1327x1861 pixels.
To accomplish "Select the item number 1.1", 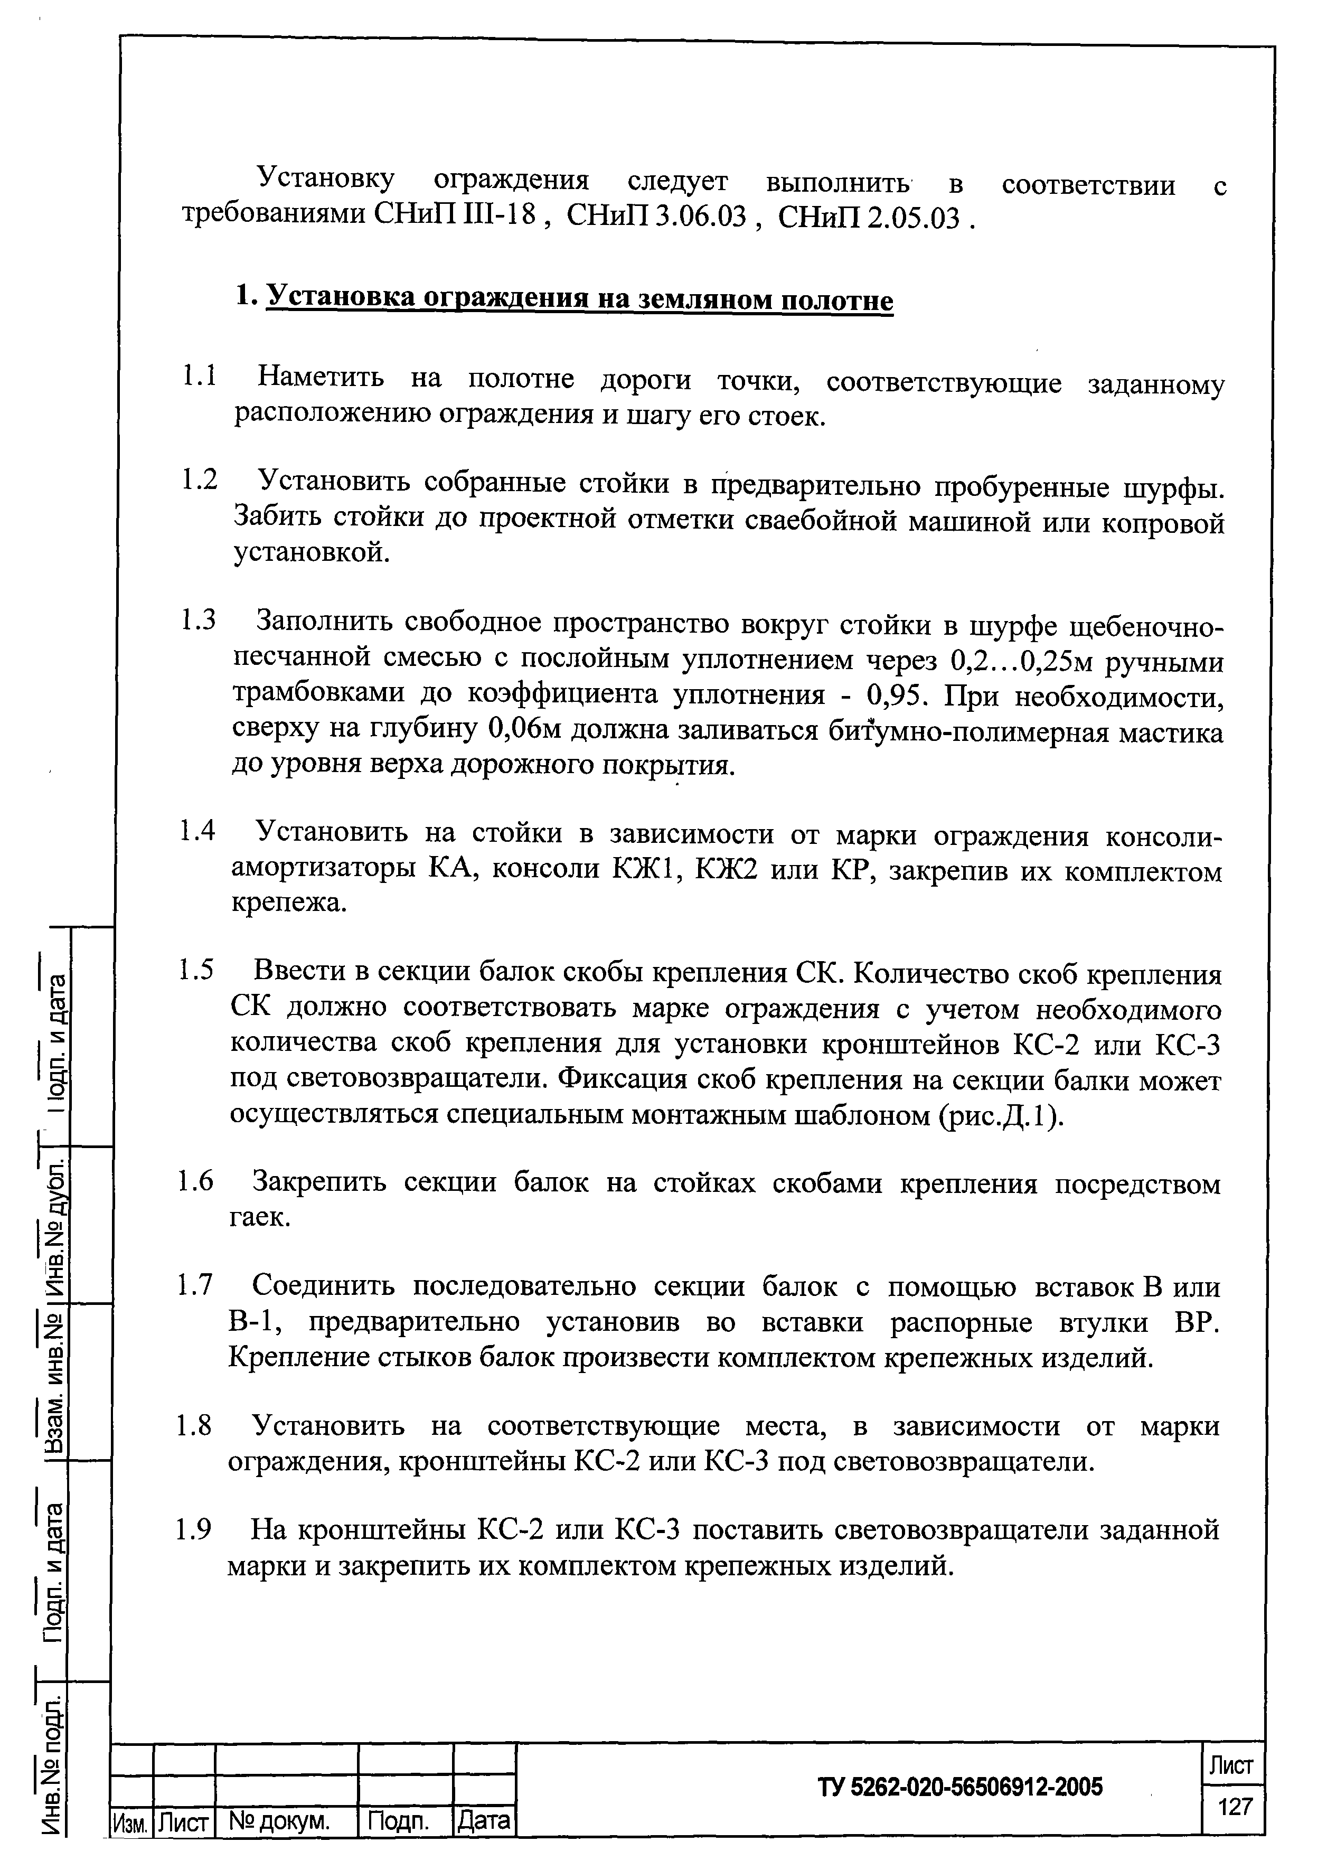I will tap(199, 378).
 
